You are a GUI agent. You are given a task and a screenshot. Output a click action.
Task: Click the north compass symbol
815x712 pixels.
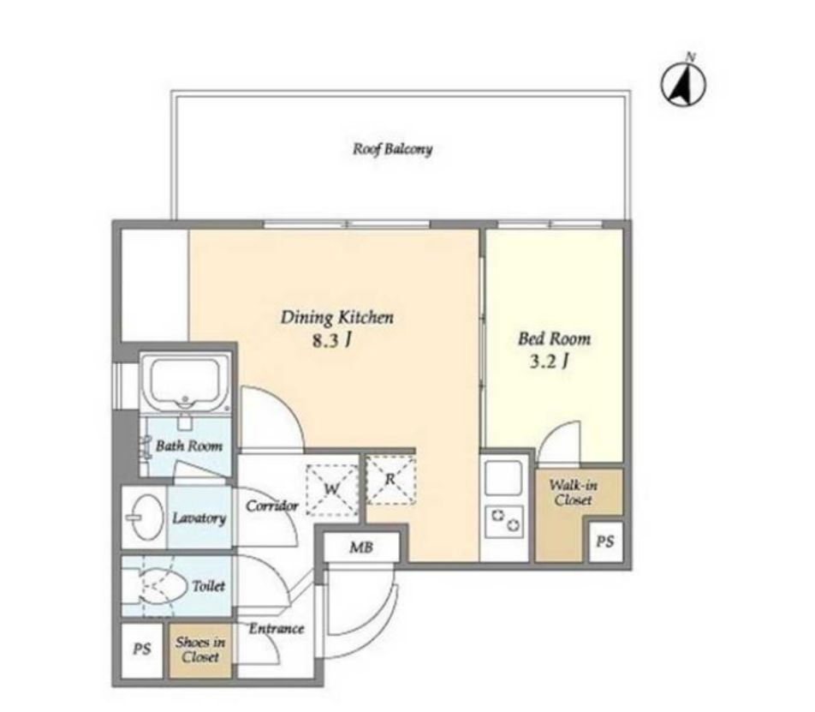683,83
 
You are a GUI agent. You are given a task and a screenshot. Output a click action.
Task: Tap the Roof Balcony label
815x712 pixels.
392,149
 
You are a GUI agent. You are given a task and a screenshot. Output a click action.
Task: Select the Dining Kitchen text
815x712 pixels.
336,317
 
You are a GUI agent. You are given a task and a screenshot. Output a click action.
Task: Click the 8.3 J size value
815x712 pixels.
332,341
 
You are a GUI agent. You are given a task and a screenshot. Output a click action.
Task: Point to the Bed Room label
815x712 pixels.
554,339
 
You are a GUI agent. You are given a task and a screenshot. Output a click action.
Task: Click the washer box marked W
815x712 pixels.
332,489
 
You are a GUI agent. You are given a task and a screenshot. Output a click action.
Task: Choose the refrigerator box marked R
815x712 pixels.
391,480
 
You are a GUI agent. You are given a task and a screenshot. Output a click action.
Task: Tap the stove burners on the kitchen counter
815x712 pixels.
503,521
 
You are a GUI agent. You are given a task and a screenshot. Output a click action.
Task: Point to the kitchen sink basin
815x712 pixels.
503,477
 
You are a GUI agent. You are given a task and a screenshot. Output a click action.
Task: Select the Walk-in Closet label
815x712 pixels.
574,493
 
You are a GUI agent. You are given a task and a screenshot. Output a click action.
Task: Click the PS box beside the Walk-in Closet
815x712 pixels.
605,542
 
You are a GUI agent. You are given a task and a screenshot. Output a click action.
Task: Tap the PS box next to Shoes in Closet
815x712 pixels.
142,649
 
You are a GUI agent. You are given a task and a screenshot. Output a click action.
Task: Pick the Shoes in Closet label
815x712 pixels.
200,649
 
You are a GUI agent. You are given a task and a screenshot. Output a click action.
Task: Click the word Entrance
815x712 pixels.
276,629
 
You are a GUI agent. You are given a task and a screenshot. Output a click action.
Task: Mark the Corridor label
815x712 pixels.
272,506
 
